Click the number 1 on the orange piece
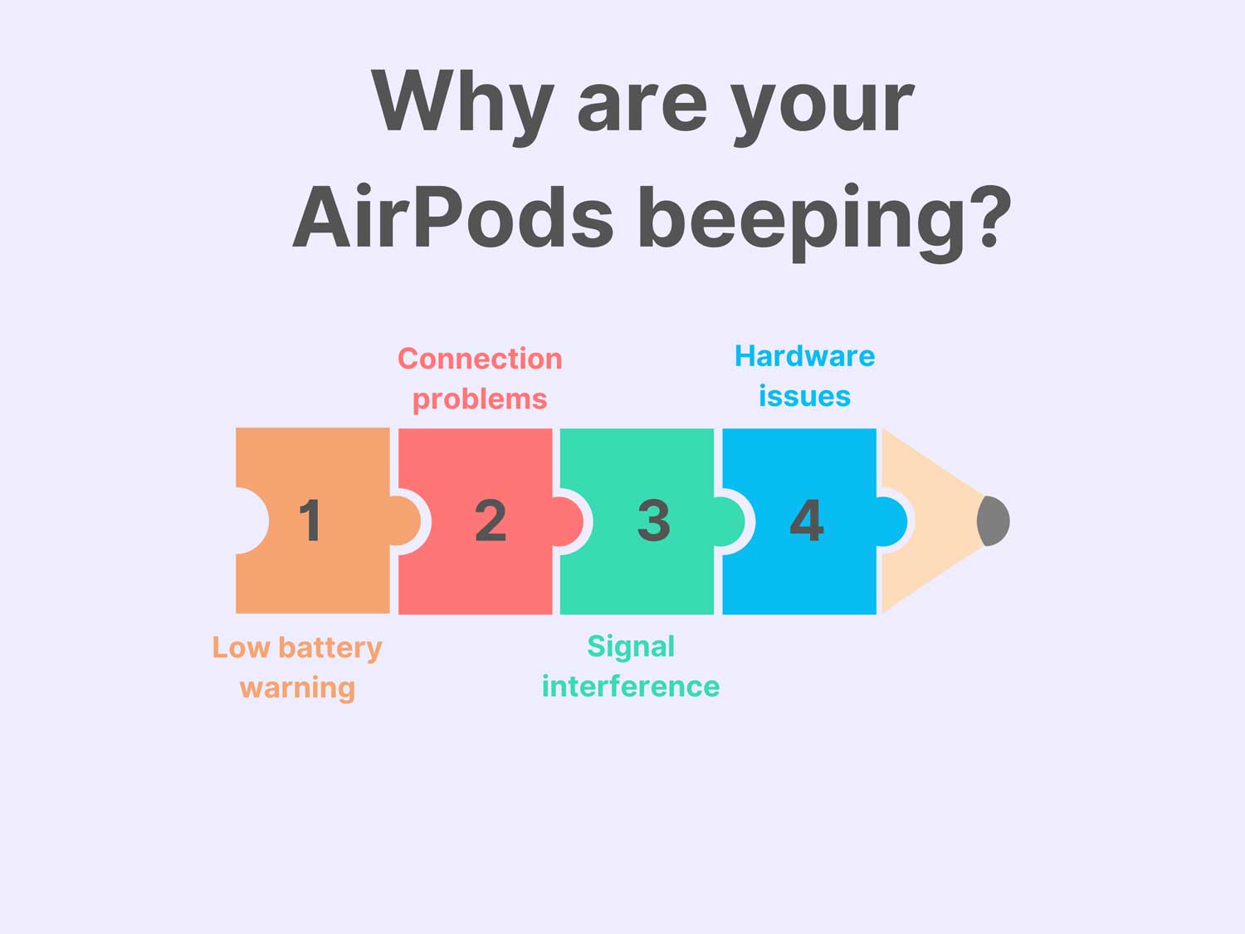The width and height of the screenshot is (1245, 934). (310, 521)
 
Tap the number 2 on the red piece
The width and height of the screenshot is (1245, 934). (491, 521)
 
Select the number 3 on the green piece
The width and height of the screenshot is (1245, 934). (653, 521)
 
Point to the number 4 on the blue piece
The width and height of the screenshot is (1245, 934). (807, 521)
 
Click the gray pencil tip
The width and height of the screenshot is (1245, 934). (994, 521)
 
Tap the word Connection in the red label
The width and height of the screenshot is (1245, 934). (480, 359)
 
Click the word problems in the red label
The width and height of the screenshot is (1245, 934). (480, 399)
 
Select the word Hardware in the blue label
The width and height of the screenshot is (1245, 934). (804, 356)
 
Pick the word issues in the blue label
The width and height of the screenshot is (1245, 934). (804, 397)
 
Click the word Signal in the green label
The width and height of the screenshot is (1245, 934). (631, 646)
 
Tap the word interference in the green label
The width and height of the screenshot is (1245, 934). (631, 687)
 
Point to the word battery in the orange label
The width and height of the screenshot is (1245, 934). (330, 648)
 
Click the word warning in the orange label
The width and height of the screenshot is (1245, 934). (297, 688)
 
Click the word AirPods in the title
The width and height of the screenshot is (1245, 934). (453, 218)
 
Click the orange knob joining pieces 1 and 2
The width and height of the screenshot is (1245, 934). (406, 521)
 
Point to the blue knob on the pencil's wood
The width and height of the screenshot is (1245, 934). (891, 521)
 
